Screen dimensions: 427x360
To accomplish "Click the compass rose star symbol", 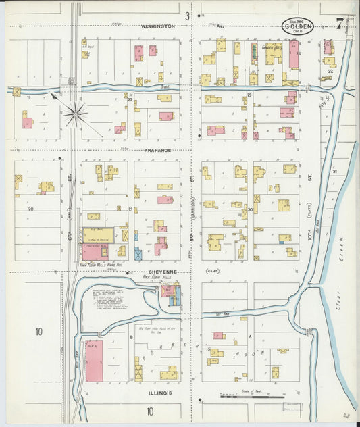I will click(x=74, y=112).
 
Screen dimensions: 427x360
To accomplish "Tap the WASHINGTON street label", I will click(x=158, y=26).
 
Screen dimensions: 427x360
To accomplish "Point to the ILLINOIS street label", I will click(x=156, y=392).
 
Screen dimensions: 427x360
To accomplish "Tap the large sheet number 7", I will click(x=340, y=25).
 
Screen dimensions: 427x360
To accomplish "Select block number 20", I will click(x=30, y=209).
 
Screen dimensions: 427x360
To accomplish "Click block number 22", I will click(x=129, y=100).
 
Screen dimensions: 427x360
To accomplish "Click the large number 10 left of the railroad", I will click(x=39, y=331).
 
